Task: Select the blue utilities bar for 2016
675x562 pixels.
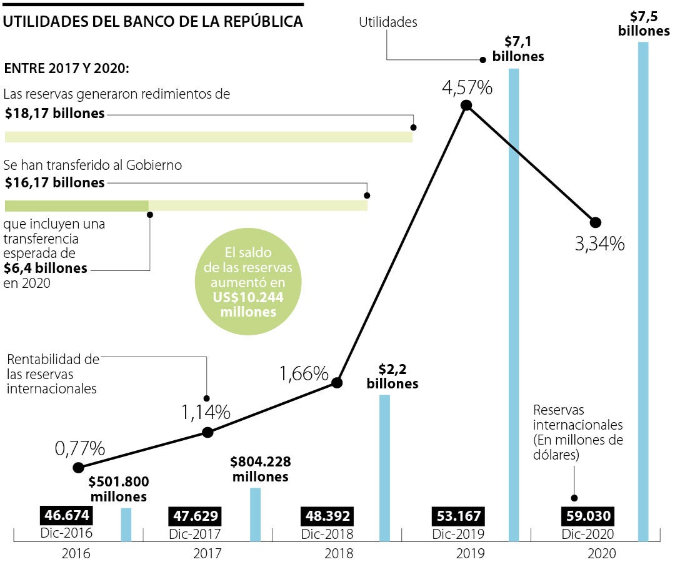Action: click(x=126, y=525)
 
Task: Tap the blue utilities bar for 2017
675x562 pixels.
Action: click(x=255, y=514)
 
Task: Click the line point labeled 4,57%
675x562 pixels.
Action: click(x=466, y=106)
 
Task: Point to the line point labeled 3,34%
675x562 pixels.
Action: click(x=595, y=222)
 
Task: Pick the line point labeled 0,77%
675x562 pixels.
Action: click(x=78, y=468)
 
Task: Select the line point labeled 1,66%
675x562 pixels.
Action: click(x=336, y=383)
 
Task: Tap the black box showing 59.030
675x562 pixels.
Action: click(x=587, y=516)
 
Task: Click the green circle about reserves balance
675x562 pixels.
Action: click(x=248, y=283)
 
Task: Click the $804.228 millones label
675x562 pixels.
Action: click(x=260, y=469)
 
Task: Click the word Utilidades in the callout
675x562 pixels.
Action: click(x=388, y=23)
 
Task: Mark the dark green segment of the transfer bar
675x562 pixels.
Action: click(x=76, y=206)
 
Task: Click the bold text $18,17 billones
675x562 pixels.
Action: click(x=54, y=114)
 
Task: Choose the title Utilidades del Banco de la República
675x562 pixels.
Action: click(x=153, y=21)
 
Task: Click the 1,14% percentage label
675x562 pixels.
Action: click(x=206, y=412)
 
